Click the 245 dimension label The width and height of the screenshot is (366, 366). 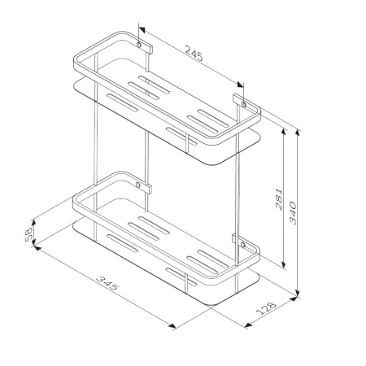[x=194, y=53]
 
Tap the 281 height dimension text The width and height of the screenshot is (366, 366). [x=279, y=199]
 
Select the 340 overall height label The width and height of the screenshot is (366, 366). [x=293, y=213]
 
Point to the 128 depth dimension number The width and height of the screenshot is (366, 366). [x=266, y=308]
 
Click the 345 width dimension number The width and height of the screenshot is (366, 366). [x=107, y=283]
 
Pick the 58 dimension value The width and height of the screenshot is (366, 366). [x=28, y=234]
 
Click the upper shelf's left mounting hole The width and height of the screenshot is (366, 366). [x=139, y=45]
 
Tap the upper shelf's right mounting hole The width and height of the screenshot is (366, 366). [x=243, y=104]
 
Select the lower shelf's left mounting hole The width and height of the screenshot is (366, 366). [x=138, y=185]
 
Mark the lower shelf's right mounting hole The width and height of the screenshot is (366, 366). [x=242, y=245]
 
